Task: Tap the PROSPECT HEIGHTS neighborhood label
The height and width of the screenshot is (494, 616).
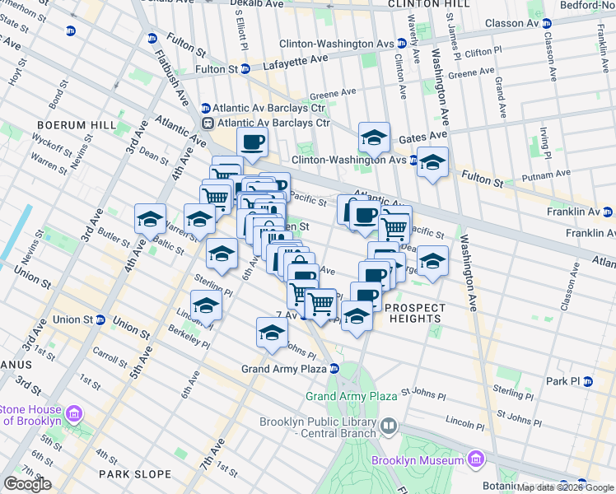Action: click(414, 313)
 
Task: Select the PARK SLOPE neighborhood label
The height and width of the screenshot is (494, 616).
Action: click(135, 474)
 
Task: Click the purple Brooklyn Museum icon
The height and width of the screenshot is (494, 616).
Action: click(475, 459)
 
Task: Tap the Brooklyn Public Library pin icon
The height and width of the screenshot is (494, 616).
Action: click(388, 426)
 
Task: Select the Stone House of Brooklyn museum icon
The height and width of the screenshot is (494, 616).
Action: click(73, 412)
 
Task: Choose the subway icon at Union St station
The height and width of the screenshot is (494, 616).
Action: click(100, 319)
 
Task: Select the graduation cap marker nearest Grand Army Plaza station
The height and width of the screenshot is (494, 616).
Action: click(271, 332)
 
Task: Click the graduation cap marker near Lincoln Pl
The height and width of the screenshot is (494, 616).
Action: click(206, 305)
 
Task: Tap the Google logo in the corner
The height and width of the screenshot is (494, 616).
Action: click(27, 484)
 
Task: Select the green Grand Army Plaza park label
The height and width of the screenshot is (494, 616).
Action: click(352, 396)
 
